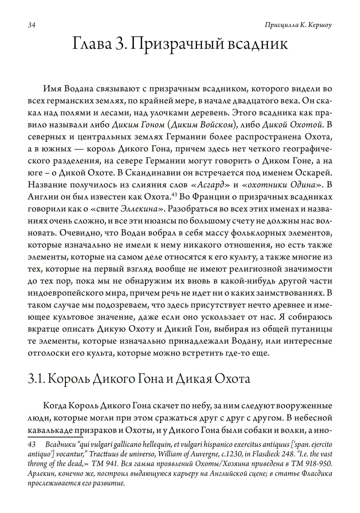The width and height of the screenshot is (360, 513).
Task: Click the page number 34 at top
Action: [31, 25]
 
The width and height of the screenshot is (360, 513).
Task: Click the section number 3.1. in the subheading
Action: [36, 380]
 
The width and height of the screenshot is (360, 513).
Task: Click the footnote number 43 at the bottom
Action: [32, 445]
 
